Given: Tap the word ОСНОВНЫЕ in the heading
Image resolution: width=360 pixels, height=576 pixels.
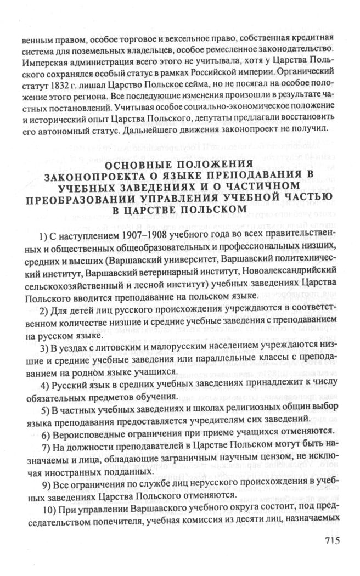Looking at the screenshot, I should click(x=137, y=165).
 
